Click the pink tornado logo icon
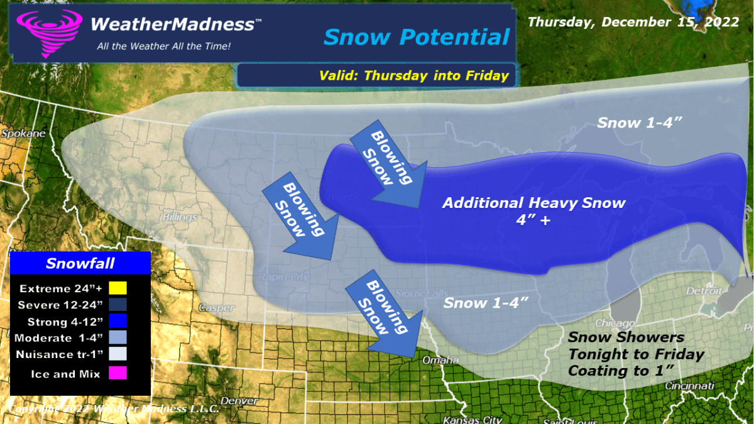(x=49, y=33)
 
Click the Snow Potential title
(x=416, y=37)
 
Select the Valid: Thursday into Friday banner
(x=413, y=76)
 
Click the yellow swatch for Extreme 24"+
(x=117, y=289)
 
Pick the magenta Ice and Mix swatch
(x=117, y=374)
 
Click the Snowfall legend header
(x=80, y=263)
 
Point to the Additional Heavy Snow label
(x=533, y=203)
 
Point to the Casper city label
(x=216, y=308)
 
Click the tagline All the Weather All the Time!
(x=163, y=46)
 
